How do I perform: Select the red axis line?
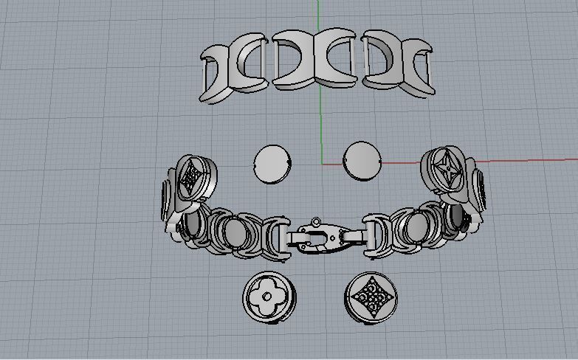(x=480, y=161)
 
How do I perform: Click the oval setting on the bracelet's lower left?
(x=235, y=235)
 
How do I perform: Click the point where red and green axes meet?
(x=321, y=164)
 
